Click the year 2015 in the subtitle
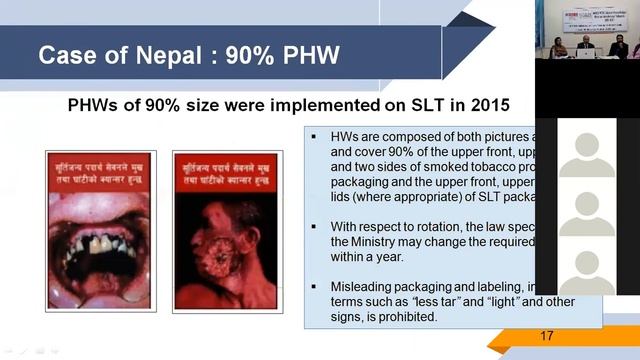(487, 104)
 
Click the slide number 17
(546, 336)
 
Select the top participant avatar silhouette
(587, 151)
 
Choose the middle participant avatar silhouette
(587, 211)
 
